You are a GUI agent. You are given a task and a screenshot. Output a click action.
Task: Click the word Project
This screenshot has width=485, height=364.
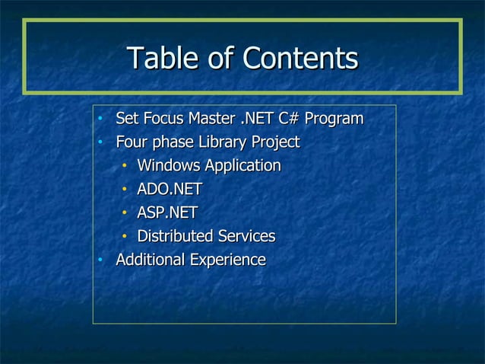pyautogui.click(x=274, y=142)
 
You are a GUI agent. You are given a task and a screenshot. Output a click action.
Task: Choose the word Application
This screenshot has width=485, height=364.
pyautogui.click(x=243, y=166)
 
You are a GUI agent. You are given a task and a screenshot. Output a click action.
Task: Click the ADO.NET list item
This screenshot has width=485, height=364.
pyautogui.click(x=169, y=189)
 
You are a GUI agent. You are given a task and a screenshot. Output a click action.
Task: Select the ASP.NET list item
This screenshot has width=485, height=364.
pyautogui.click(x=167, y=212)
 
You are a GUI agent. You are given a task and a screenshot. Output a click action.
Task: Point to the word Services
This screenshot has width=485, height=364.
pyautogui.click(x=249, y=236)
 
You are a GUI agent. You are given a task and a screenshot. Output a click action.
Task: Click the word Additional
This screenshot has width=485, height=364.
pyautogui.click(x=149, y=260)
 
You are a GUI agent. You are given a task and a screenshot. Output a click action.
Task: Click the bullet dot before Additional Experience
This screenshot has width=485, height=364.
pyautogui.click(x=100, y=260)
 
